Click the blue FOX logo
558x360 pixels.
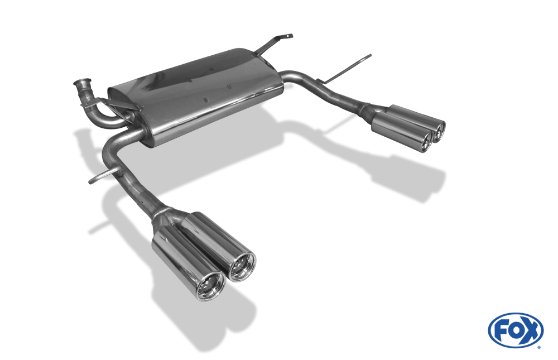coord(516,330)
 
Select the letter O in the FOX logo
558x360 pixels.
coord(515,330)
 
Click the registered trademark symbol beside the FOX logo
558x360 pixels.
coord(539,347)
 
